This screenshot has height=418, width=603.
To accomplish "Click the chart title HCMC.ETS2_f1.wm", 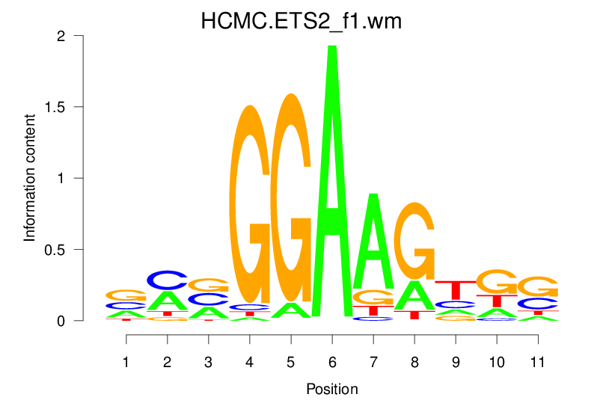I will pyautogui.click(x=301, y=22).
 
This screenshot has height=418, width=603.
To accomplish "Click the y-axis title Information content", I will pyautogui.click(x=30, y=178).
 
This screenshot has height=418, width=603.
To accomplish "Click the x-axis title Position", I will pyautogui.click(x=331, y=390).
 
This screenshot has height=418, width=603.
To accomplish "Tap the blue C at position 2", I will pyautogui.click(x=168, y=280).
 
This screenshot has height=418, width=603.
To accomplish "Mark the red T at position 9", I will pyautogui.click(x=455, y=290).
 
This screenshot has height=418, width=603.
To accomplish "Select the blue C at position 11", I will pyautogui.click(x=537, y=304).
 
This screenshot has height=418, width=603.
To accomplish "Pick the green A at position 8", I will pyautogui.click(x=414, y=295).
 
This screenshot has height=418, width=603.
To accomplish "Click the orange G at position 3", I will pyautogui.click(x=209, y=284).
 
